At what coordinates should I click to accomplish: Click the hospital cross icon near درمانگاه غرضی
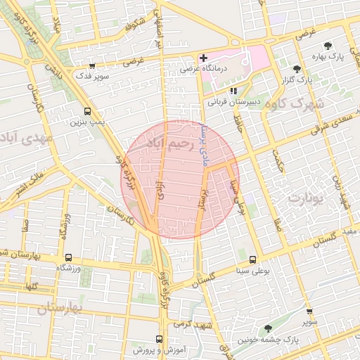[x=203, y=57]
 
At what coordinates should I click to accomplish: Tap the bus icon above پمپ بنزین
[x=87, y=111]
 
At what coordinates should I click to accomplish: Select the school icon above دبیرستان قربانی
[x=234, y=90]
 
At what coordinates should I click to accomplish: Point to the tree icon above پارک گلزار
[x=298, y=68]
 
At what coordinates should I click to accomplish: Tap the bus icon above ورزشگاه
[x=68, y=257]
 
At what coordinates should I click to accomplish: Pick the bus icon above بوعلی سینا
[x=252, y=259]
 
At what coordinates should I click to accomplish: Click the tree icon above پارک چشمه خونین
[x=266, y=329]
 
